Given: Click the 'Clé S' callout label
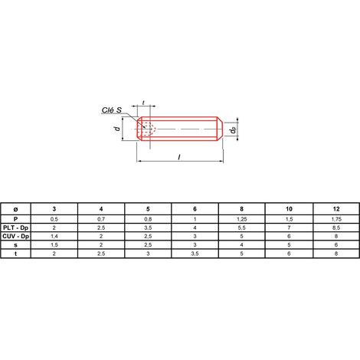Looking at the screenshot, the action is (112, 110).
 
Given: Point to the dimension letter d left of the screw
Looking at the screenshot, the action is (117, 128).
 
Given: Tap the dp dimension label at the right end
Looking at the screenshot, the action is (233, 130).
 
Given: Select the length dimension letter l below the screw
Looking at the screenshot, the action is (179, 157).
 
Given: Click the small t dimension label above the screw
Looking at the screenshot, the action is (143, 103).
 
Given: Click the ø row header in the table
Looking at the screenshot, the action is (15, 209).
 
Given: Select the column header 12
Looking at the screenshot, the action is (336, 209).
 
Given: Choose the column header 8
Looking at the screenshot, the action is (242, 209).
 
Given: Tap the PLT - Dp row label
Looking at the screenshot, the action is (16, 227).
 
